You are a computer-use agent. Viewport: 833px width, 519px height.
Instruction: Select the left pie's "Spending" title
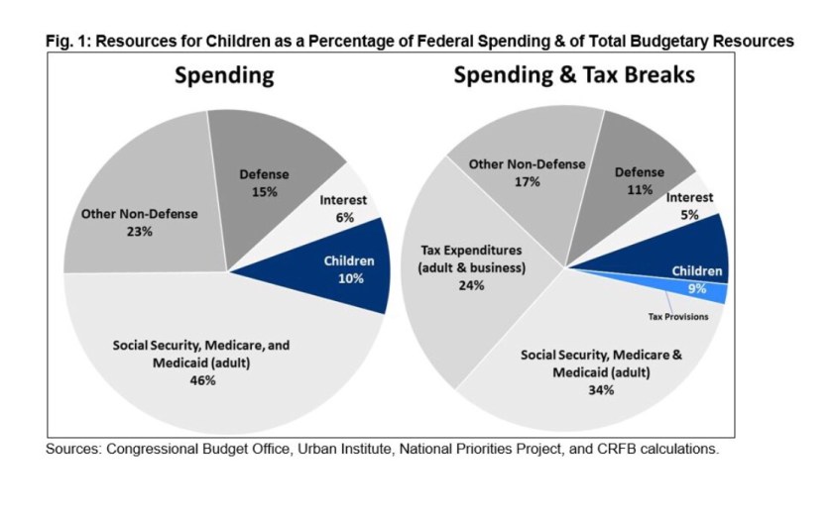tap(225, 76)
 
